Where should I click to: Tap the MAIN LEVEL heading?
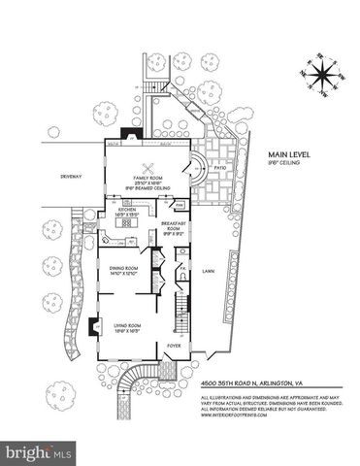point(275,152)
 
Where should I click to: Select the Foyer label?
point(173,344)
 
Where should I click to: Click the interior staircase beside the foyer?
point(178,314)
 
